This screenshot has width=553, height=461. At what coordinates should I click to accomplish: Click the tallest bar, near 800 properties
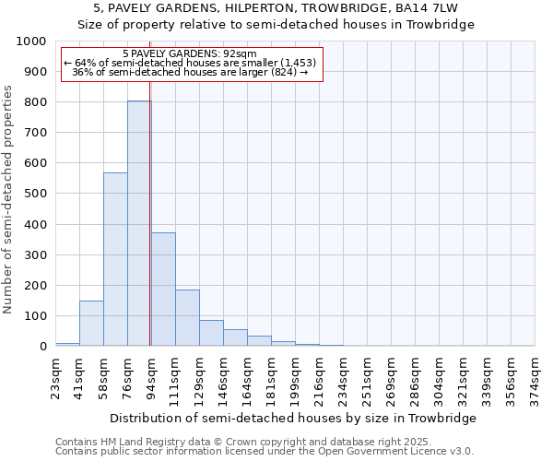tap(139, 223)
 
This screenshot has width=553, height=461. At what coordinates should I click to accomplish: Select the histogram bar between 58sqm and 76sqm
tap(115, 259)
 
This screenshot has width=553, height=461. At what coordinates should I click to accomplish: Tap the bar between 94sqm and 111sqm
tap(163, 290)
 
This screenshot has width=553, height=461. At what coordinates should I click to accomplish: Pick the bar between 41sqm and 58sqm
tap(91, 324)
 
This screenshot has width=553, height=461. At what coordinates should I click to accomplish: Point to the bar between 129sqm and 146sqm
tap(211, 333)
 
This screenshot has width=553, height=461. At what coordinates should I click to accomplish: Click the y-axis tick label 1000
tap(30, 41)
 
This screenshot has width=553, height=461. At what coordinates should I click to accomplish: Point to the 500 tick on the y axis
tap(34, 194)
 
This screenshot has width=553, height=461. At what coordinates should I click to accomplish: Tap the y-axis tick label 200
tap(34, 286)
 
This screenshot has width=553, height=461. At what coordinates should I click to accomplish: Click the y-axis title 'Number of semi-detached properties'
tap(9, 199)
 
